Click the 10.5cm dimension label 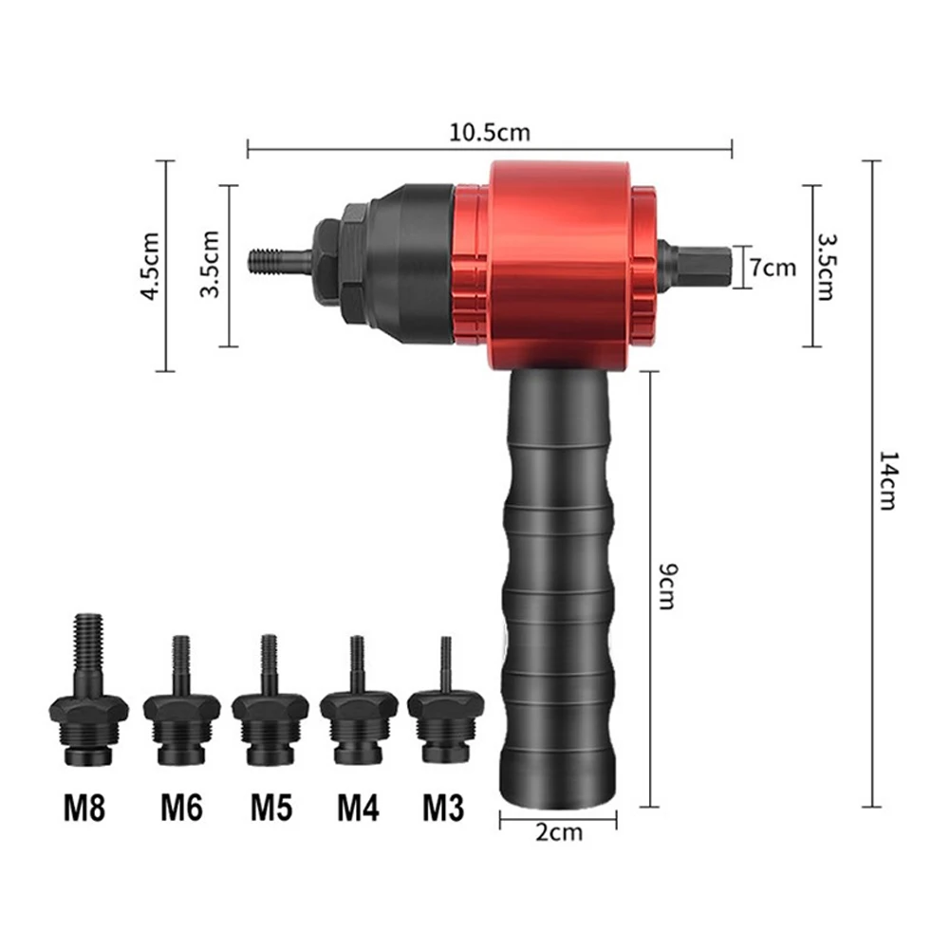[x=490, y=132]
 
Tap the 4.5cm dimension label [x=150, y=266]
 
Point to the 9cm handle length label [x=668, y=586]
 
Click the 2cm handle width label [x=559, y=832]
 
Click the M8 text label [x=84, y=807]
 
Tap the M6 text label [x=182, y=807]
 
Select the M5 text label [x=271, y=807]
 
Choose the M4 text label [x=358, y=807]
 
